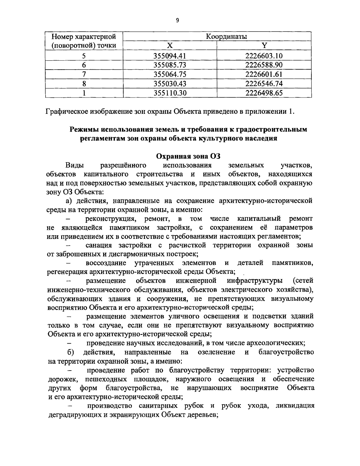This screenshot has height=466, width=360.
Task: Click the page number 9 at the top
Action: pyautogui.click(x=177, y=20)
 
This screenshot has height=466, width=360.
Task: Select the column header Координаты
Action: pyautogui.click(x=226, y=37)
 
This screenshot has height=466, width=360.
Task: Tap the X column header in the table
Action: pyautogui.click(x=170, y=46)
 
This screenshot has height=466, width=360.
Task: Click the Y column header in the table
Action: pyautogui.click(x=264, y=46)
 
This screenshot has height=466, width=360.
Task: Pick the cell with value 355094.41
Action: pyautogui.click(x=170, y=56)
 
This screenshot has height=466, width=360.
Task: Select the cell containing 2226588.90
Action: pyautogui.click(x=264, y=65)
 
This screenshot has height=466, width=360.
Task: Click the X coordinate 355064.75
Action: pyautogui.click(x=170, y=74)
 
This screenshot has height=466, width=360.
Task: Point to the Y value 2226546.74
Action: pyautogui.click(x=264, y=84)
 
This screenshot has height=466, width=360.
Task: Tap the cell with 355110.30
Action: pyautogui.click(x=170, y=93)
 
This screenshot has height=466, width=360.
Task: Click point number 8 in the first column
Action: pyautogui.click(x=84, y=84)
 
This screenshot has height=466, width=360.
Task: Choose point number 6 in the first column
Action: pyautogui.click(x=84, y=65)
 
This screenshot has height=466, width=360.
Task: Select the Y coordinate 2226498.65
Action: pyautogui.click(x=264, y=93)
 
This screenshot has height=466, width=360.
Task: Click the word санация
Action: pyautogui.click(x=99, y=245)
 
